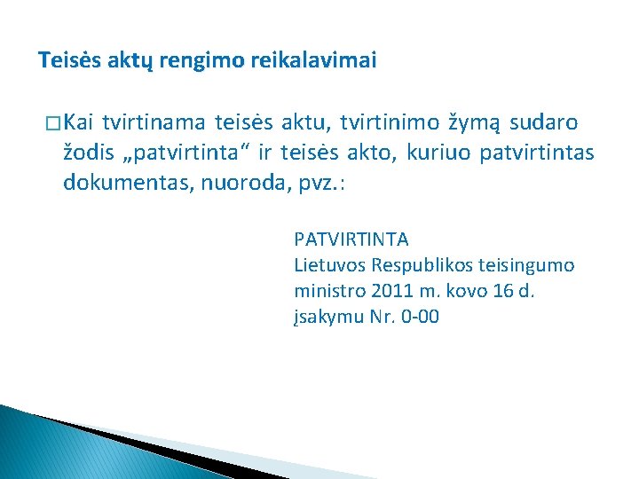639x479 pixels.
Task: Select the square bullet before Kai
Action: pos(50,122)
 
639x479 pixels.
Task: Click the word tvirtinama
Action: pos(154,121)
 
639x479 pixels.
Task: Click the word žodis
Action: pos(87,153)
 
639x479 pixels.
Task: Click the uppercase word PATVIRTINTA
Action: pos(351,239)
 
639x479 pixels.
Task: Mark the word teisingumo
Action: pos(523,265)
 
